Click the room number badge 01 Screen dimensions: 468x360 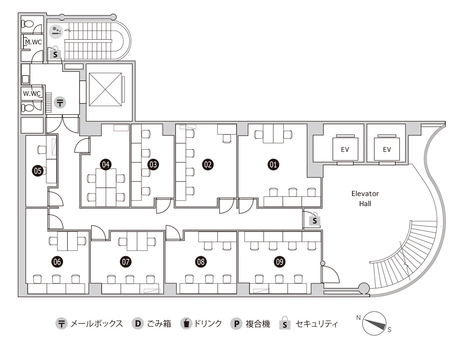click(x=273, y=164)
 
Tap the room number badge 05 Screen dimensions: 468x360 click(x=37, y=171)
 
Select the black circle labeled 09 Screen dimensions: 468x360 click(x=279, y=262)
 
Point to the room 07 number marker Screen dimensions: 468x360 click(x=125, y=262)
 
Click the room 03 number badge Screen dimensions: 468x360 click(x=153, y=164)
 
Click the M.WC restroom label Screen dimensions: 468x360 click(x=33, y=42)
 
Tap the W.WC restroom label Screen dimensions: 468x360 click(x=32, y=94)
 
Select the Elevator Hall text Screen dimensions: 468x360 click(x=365, y=198)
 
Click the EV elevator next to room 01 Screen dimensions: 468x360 click(x=345, y=149)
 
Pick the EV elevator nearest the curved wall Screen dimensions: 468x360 click(x=387, y=149)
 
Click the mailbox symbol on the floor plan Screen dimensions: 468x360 click(x=60, y=103)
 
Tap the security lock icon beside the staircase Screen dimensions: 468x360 click(x=55, y=53)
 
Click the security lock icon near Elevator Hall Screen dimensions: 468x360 click(x=314, y=220)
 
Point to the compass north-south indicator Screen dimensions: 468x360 click(x=375, y=323)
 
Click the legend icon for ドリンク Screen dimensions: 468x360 click(x=186, y=323)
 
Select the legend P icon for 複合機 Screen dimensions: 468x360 click(x=236, y=323)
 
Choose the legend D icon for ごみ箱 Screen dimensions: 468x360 click(x=137, y=323)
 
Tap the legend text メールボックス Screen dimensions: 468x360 click(x=97, y=323)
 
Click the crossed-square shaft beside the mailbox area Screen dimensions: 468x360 click(x=105, y=89)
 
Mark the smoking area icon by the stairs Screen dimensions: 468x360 click(x=56, y=31)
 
